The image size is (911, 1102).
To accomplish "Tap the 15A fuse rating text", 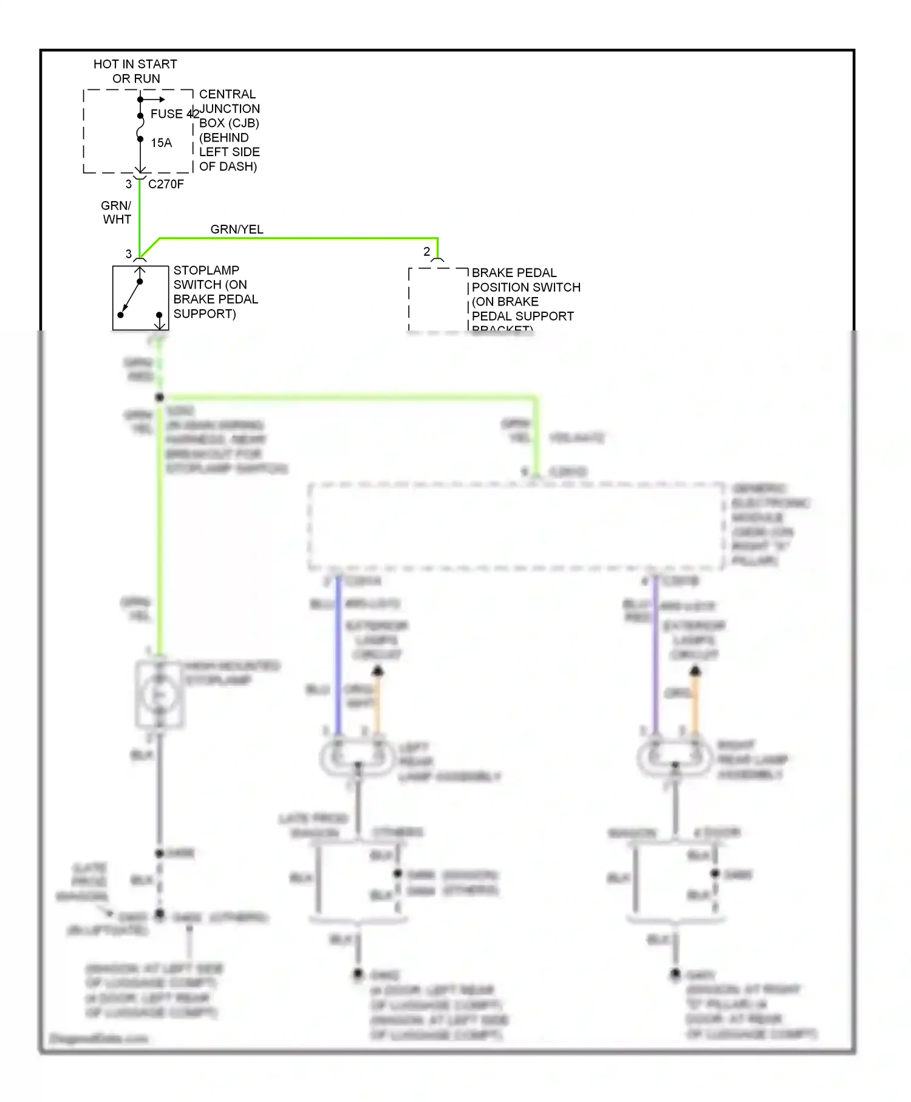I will pos(162,143).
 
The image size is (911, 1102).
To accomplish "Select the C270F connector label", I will pos(166,184).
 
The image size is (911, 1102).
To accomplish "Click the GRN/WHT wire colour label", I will pos(117,213).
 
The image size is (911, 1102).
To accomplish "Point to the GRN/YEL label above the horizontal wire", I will pos(237,229).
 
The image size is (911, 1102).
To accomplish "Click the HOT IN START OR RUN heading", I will pos(135,71).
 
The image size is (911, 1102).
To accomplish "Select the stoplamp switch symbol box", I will pos(140,298).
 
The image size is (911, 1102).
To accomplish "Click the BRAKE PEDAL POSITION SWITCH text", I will pos(525,294).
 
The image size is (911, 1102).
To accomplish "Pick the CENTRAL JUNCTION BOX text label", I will pos(229,130).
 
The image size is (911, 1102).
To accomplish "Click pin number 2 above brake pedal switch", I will pos(427,252).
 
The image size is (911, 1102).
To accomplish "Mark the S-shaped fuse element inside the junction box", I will pos(140,127).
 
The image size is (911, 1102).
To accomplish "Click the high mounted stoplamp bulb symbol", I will pos(160,695).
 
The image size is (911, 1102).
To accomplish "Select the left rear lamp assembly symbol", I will pos(357,757).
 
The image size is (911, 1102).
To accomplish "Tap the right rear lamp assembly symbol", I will pos(674,757).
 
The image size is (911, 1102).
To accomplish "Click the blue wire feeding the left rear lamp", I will pos(338,656).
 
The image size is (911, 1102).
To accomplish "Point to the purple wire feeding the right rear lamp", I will pos(656,656).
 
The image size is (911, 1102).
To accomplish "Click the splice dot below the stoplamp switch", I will pos(160,397).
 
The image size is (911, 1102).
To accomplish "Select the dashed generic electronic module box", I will pos(516,526).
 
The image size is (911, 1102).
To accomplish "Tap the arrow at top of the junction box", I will pos(155,99).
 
